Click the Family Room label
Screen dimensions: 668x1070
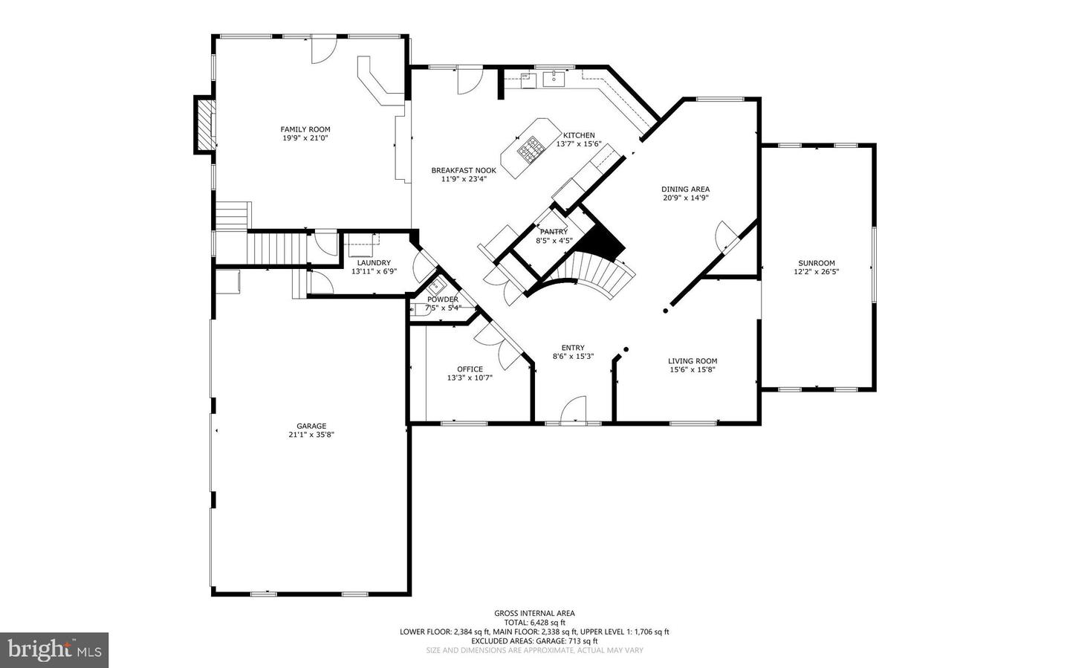(305, 129)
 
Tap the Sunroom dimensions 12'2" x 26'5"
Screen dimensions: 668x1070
(816, 272)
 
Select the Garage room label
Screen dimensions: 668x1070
(311, 426)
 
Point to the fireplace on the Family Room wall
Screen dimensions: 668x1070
(204, 124)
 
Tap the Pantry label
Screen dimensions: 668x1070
(554, 232)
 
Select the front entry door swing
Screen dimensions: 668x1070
(573, 409)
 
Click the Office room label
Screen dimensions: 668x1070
(470, 369)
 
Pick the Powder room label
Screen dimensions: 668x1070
(442, 299)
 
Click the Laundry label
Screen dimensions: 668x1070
(374, 262)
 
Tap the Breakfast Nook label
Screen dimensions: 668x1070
(464, 170)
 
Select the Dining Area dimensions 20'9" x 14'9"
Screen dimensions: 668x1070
(685, 198)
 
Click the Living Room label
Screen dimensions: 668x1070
(692, 361)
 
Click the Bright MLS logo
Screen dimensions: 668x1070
(54, 650)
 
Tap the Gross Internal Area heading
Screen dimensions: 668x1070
(534, 613)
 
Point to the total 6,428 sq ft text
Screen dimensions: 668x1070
(534, 623)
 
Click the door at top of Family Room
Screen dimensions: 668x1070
(322, 49)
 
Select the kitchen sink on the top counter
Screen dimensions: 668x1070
(554, 78)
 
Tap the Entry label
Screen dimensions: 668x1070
(572, 348)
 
